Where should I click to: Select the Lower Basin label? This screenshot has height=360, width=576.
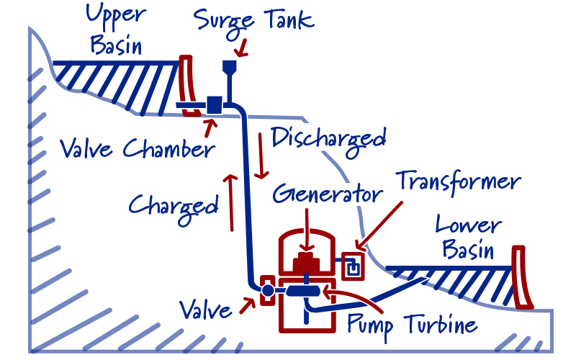click(468, 238)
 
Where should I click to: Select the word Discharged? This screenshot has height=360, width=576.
click(328, 137)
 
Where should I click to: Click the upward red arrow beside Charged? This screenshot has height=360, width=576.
click(232, 202)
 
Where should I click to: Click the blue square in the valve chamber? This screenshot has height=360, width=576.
click(214, 104)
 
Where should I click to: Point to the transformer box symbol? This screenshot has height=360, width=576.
click(352, 266)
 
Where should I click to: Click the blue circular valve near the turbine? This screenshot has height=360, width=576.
click(268, 290)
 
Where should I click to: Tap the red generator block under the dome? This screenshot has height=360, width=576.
click(306, 262)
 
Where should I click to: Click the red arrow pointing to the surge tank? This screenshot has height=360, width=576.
click(243, 47)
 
